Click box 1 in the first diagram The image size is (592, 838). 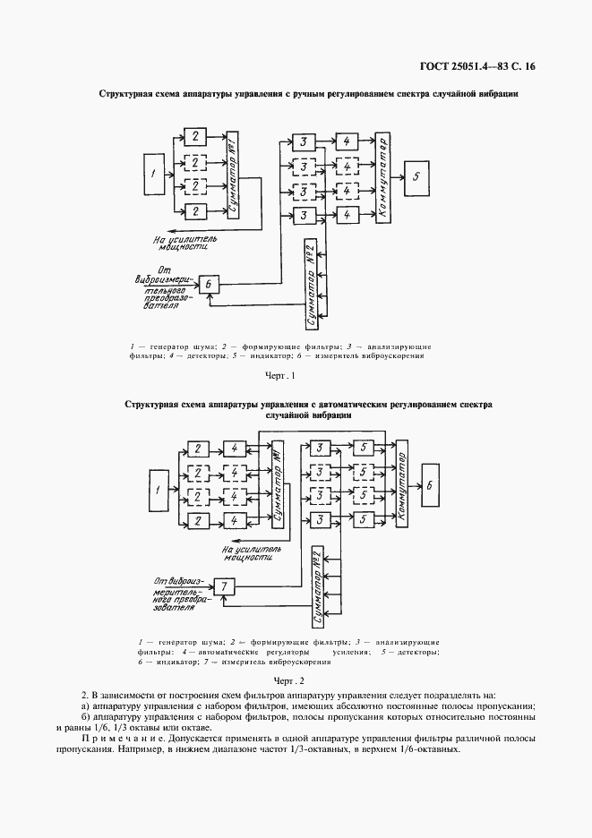pyautogui.click(x=155, y=175)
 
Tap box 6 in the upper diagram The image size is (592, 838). pyautogui.click(x=209, y=284)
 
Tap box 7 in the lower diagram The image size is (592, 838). pyautogui.click(x=225, y=586)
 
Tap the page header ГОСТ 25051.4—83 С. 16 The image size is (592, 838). pyautogui.click(x=484, y=66)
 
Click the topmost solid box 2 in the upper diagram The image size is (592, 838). pyautogui.click(x=193, y=136)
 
